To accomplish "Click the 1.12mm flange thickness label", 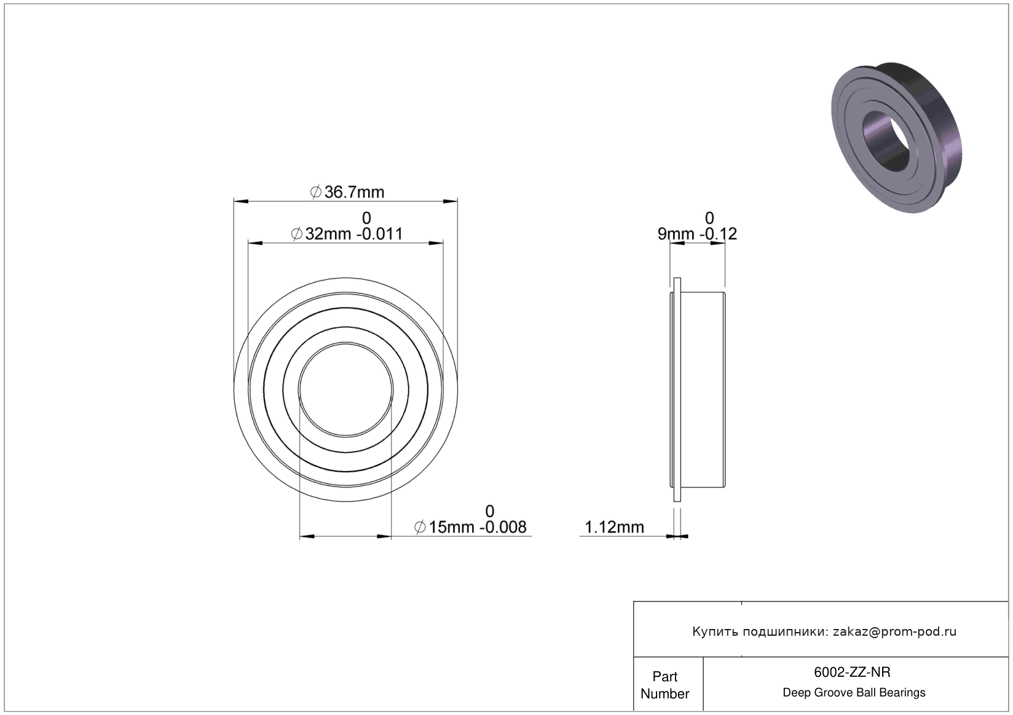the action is tap(614, 527).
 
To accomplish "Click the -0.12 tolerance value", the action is tap(718, 233).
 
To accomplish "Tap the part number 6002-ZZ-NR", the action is tap(852, 672).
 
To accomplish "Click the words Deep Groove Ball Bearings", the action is tap(854, 692).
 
